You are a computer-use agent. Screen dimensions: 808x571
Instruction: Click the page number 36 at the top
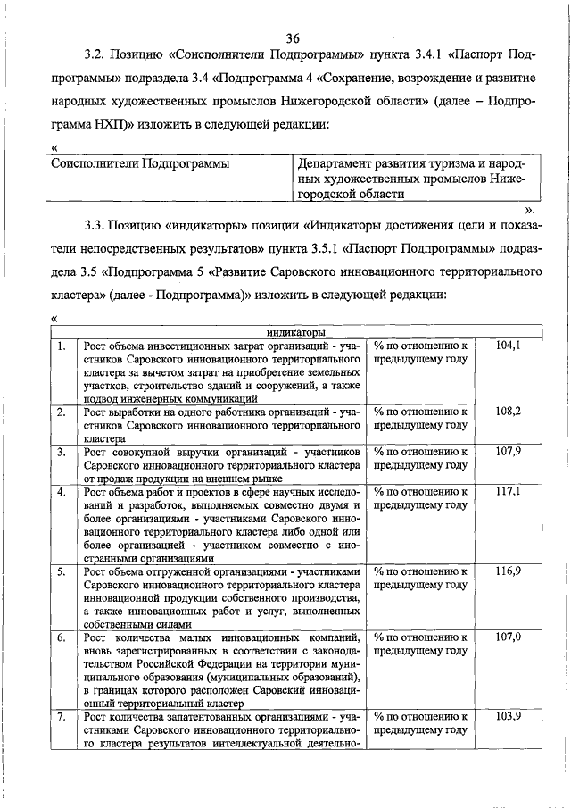coord(293,38)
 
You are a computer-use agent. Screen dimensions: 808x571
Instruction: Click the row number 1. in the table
coord(60,345)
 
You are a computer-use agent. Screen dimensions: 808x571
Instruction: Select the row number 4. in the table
coord(60,492)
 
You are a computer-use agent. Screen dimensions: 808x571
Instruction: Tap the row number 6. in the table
coord(60,637)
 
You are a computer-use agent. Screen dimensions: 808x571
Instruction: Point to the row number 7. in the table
coord(60,717)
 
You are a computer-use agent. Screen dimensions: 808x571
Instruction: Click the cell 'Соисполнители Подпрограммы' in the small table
coord(140,164)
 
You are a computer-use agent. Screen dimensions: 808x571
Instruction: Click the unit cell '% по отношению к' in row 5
coord(420,571)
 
